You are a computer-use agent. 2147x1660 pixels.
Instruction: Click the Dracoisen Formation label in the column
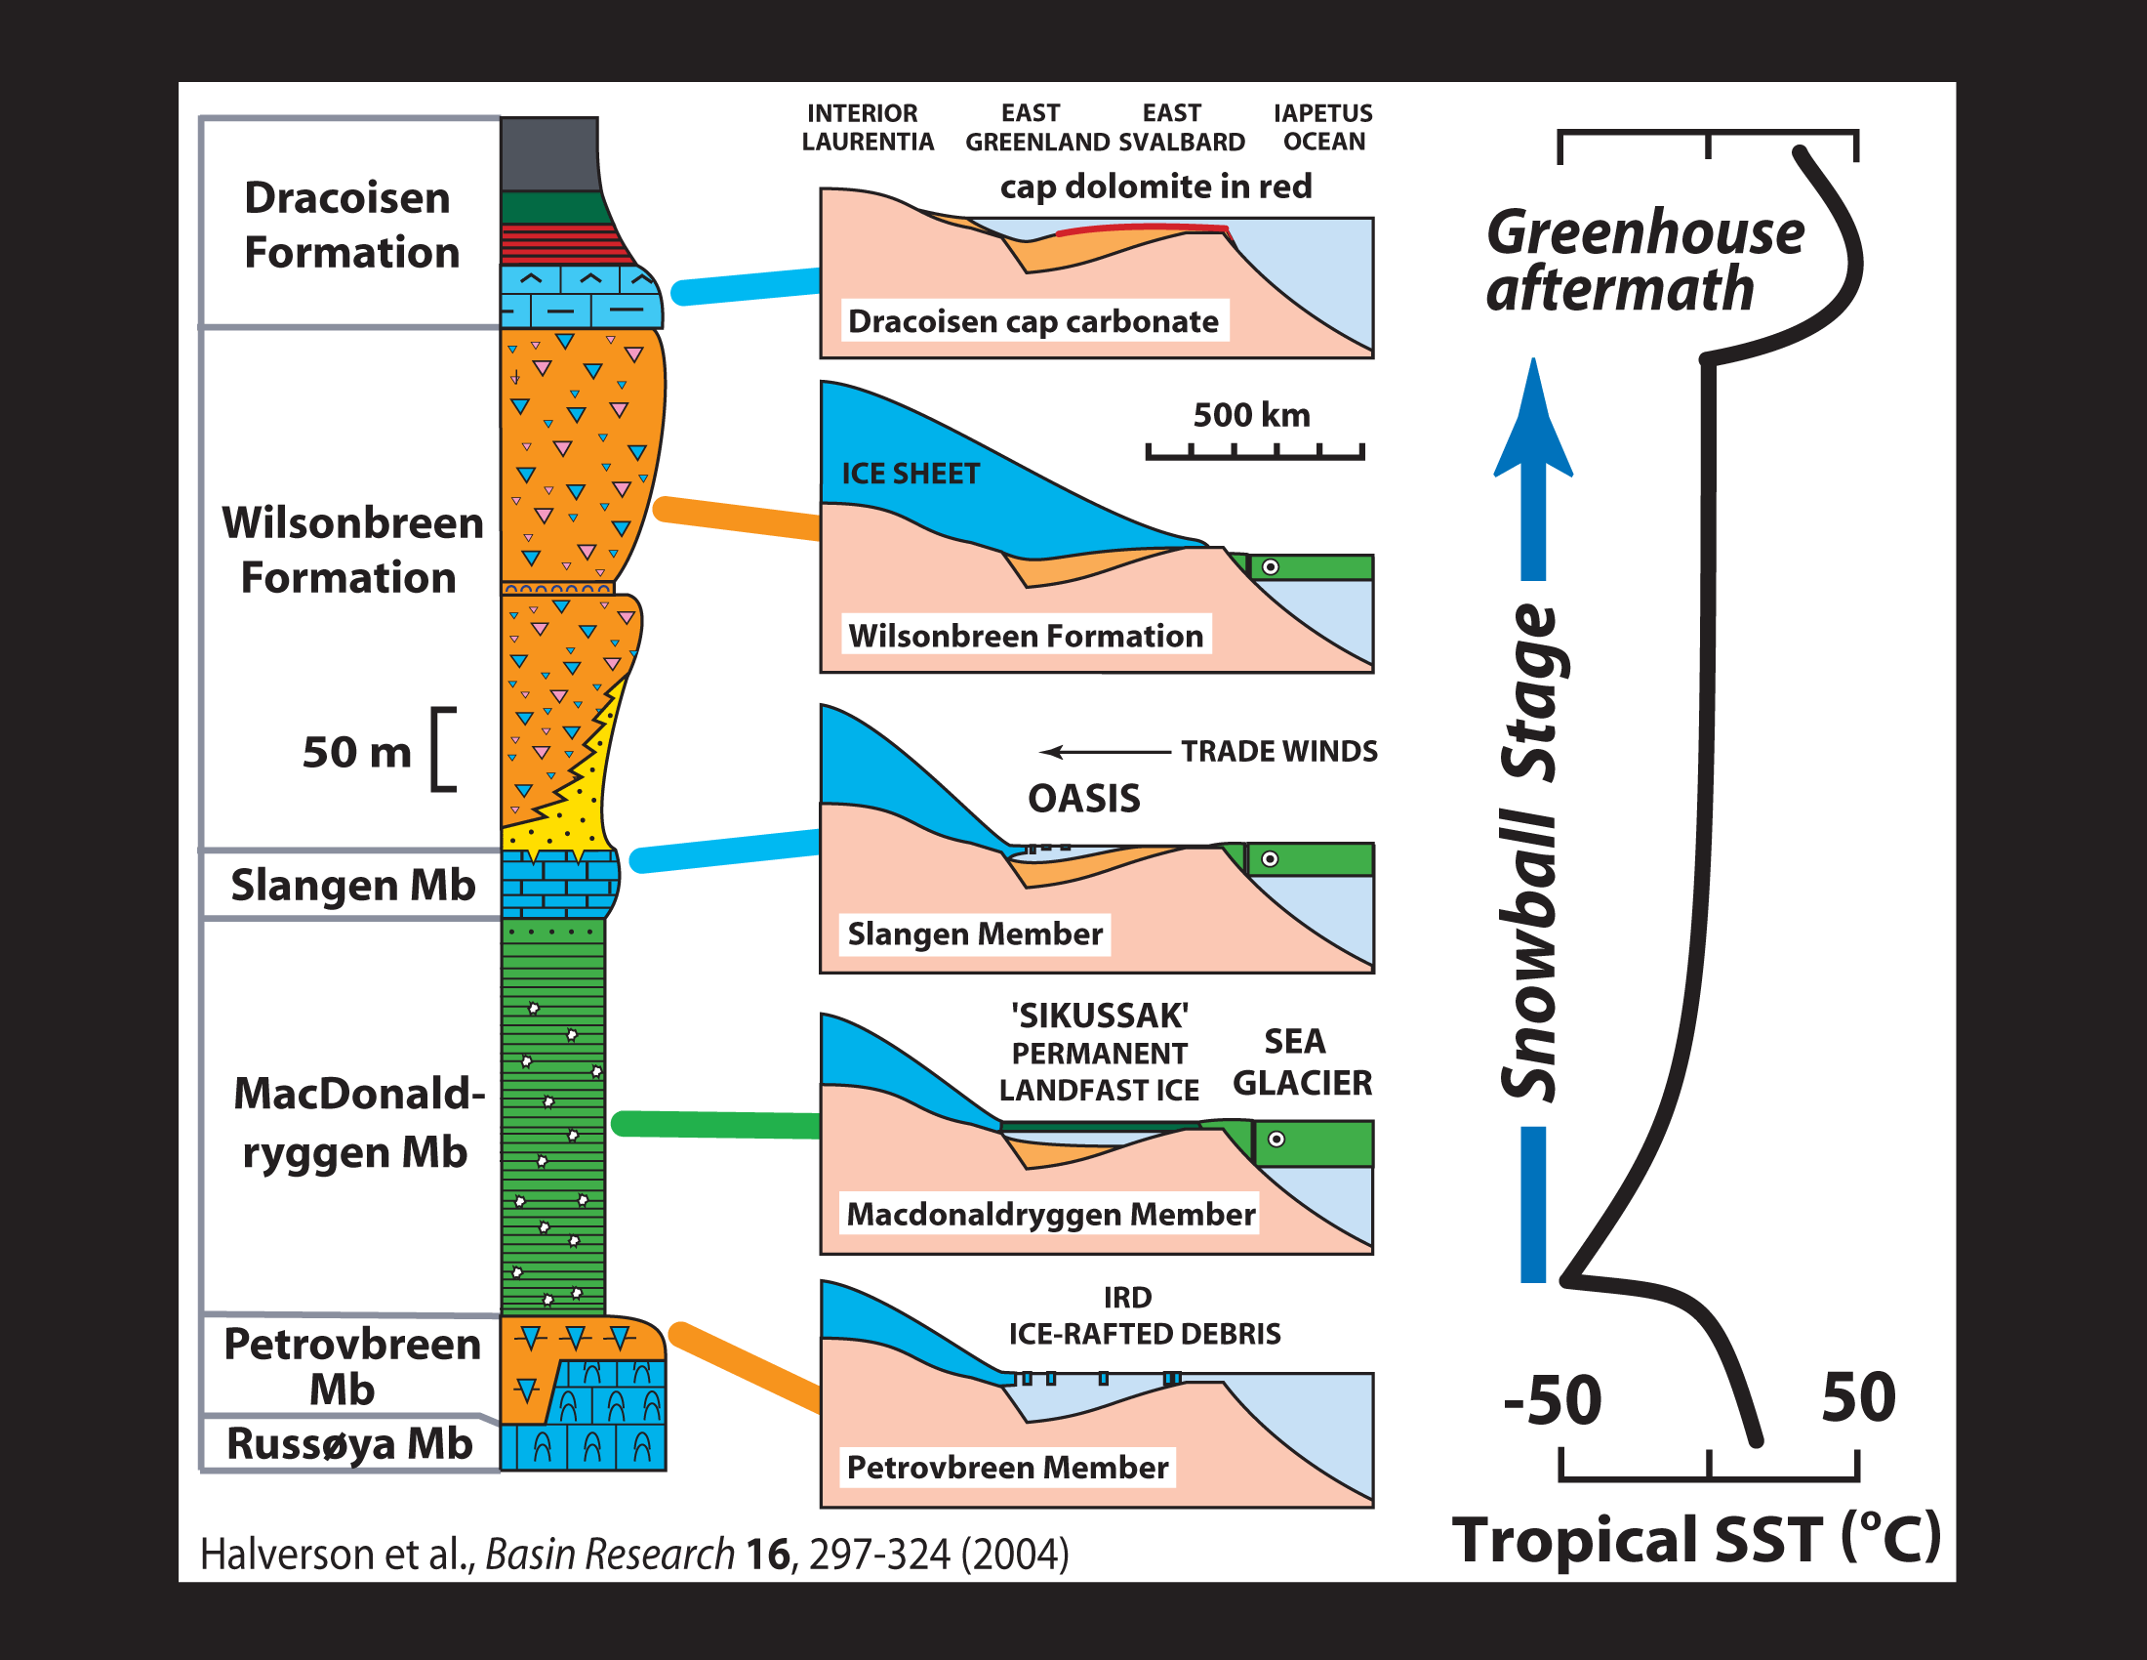351,226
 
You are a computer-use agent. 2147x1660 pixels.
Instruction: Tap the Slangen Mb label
352,885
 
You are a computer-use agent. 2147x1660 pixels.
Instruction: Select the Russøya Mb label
349,1443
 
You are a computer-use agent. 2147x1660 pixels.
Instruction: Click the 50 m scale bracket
442,749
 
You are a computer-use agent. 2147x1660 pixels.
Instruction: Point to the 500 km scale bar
1254,451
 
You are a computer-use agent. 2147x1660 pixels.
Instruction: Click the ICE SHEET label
911,474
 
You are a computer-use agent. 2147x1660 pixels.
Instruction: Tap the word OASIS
1084,799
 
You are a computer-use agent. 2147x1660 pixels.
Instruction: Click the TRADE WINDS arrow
1105,752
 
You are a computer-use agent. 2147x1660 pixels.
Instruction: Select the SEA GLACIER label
1301,1062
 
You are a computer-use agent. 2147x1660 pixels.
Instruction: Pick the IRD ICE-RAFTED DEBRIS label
1145,1316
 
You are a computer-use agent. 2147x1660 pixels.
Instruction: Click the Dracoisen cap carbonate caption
1033,321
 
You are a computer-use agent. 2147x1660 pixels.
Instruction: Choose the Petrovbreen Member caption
1008,1468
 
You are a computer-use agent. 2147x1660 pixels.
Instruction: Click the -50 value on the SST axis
1553,1399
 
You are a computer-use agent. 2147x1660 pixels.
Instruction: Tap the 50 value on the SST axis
1857,1396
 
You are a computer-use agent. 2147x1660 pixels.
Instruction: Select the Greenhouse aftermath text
1643,261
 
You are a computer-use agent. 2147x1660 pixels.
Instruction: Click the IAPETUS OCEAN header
1323,128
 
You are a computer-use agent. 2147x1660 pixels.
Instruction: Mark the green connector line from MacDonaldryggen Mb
714,1124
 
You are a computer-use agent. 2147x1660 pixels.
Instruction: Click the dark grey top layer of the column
548,154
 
